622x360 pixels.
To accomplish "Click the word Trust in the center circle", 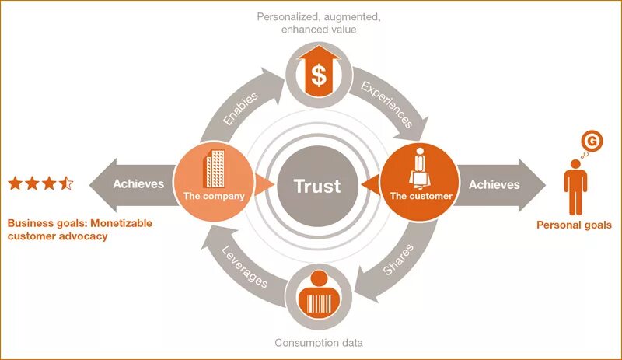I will (317, 187).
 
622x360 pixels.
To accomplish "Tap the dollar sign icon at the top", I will (319, 74).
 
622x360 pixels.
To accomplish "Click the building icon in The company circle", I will (214, 168).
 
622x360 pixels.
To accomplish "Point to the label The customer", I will (421, 197).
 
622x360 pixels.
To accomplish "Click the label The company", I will (214, 197).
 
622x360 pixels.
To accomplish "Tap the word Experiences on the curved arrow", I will (386, 103).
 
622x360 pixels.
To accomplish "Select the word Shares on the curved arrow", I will (398, 259).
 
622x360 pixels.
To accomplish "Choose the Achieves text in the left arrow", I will (138, 184).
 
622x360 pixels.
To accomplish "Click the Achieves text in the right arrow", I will (494, 184).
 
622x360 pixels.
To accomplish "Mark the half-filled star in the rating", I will (67, 183).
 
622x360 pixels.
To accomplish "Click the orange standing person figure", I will (575, 187).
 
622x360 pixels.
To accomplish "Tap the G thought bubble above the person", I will (592, 142).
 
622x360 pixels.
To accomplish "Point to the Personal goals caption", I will (575, 225).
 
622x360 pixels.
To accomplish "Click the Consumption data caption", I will (319, 343).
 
